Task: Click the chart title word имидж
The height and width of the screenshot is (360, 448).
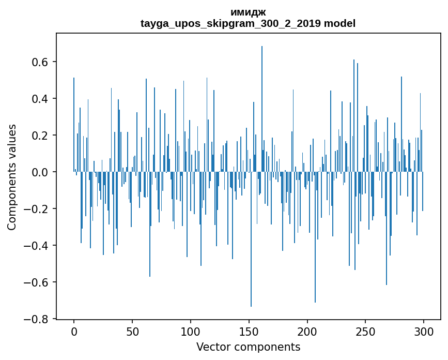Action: coord(248,12)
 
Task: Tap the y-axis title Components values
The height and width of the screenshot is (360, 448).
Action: coord(12,177)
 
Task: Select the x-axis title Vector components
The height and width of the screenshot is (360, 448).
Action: coord(248,347)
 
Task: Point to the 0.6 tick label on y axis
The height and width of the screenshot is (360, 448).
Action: coord(39,62)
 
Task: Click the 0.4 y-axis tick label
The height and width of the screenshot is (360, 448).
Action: coord(39,99)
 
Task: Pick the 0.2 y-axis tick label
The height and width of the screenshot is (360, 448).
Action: coord(39,136)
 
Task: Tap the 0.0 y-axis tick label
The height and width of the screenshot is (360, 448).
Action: coord(39,172)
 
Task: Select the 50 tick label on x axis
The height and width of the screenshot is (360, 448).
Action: coord(132,332)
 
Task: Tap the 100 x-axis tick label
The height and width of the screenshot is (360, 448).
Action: coord(191,332)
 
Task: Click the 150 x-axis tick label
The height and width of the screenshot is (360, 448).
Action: coord(249,332)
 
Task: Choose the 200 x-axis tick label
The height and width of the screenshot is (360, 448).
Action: coord(307,332)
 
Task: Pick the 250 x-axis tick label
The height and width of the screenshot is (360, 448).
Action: coord(366,332)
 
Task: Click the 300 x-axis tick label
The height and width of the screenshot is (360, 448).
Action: coord(424,332)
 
